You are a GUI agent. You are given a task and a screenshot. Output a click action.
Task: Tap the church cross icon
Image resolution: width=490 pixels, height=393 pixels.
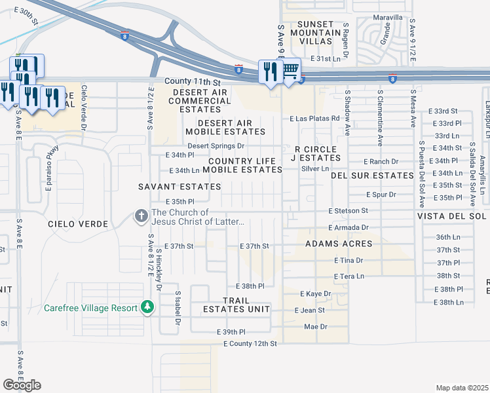[x=141, y=215]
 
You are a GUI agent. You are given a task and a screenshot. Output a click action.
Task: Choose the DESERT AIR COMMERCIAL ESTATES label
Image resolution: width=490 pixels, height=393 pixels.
[x=200, y=101]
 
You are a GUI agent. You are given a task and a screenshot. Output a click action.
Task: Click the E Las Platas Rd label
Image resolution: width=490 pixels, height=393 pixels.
[x=315, y=119]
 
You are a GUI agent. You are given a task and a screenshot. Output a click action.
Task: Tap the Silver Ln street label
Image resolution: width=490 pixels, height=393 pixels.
[x=315, y=168]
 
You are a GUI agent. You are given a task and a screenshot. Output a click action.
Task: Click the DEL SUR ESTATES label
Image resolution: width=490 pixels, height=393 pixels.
[x=372, y=176]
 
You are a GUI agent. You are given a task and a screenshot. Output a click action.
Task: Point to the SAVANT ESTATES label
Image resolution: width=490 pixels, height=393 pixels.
[x=179, y=187]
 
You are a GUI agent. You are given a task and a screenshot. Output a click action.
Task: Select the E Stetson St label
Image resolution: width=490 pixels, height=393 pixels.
[x=349, y=211]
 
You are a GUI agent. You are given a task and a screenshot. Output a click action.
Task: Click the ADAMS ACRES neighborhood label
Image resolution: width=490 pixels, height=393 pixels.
[x=339, y=244]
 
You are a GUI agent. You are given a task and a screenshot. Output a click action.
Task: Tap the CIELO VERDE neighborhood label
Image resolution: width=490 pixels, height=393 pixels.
[x=77, y=224]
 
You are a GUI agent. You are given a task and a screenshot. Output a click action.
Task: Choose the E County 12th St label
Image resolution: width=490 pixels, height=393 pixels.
[x=250, y=343]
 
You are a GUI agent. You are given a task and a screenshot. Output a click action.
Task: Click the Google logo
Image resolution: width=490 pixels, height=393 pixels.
[x=22, y=385]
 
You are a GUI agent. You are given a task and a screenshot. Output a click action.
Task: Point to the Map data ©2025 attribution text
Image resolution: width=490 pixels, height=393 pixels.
[x=462, y=388]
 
